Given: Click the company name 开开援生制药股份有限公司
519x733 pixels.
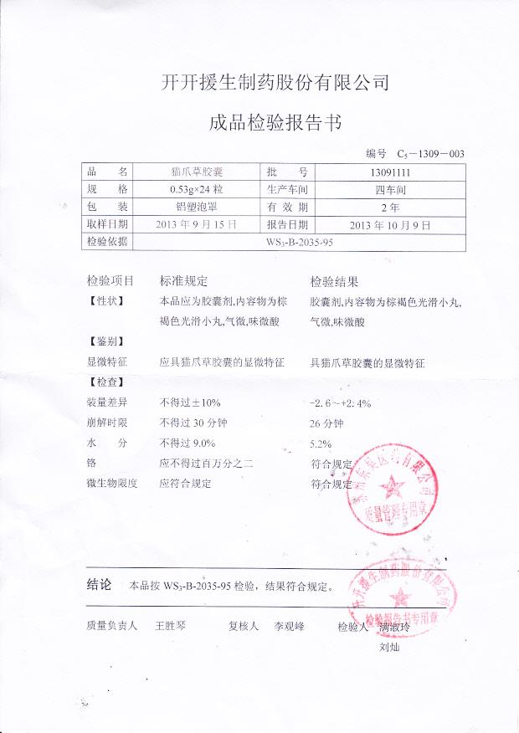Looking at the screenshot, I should pyautogui.click(x=275, y=82).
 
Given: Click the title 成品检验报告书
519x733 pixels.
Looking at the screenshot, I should pyautogui.click(x=275, y=124).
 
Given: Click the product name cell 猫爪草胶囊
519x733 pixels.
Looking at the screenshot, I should pyautogui.click(x=196, y=172).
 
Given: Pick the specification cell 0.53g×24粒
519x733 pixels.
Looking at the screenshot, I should pyautogui.click(x=196, y=189).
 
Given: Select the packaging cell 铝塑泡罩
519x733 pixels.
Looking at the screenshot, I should pyautogui.click(x=196, y=207).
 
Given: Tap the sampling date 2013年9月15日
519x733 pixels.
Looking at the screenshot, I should pyautogui.click(x=196, y=224).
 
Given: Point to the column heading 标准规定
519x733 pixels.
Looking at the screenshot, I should pyautogui.click(x=183, y=281).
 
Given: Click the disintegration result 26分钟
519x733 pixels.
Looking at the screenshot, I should pyautogui.click(x=326, y=423).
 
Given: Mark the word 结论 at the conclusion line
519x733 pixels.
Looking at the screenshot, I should pyautogui.click(x=99, y=584).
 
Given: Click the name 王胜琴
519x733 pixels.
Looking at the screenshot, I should pyautogui.click(x=170, y=625).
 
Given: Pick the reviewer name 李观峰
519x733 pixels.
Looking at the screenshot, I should pyautogui.click(x=283, y=625).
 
